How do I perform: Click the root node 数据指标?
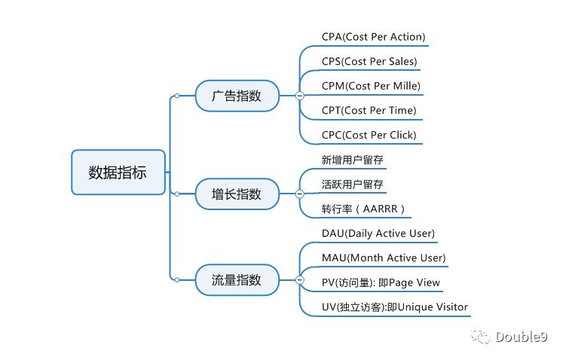pyautogui.click(x=118, y=172)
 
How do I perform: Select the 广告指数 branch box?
pyautogui.click(x=237, y=96)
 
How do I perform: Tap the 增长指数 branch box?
pyautogui.click(x=237, y=194)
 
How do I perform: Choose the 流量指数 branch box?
pyautogui.click(x=237, y=280)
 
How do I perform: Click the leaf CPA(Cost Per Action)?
pyautogui.click(x=373, y=37)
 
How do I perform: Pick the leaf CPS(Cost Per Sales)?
pyautogui.click(x=369, y=62)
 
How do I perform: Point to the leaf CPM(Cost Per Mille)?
pyautogui.click(x=371, y=86)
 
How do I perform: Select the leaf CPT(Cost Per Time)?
pyautogui.click(x=369, y=111)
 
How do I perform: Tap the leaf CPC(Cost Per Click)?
pyautogui.click(x=369, y=136)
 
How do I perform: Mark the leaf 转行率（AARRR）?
pyautogui.click(x=363, y=209)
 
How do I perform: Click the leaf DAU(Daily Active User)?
pyautogui.click(x=378, y=233)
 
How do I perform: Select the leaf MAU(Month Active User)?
pyautogui.click(x=383, y=258)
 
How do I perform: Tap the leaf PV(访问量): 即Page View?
pyautogui.click(x=381, y=283)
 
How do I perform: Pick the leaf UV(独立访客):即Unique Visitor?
pyautogui.click(x=394, y=307)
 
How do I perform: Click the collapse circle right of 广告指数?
pyautogui.click(x=299, y=96)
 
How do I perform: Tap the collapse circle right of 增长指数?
pyautogui.click(x=299, y=194)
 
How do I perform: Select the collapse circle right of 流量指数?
pyautogui.click(x=299, y=280)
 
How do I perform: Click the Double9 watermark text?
pyautogui.click(x=522, y=337)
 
